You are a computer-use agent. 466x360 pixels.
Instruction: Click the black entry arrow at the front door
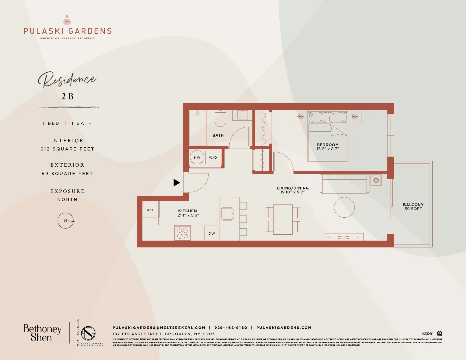pos(177,183)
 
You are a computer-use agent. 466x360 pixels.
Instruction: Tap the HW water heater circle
pos(197,158)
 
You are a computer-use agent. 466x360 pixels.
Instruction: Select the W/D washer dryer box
pos(213,158)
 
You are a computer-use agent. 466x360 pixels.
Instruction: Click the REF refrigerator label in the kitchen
pos(151,210)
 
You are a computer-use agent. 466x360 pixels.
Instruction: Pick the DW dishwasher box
pos(212,233)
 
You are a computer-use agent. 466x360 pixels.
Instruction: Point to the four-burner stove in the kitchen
pos(182,233)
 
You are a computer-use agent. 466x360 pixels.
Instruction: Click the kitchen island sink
pos(227,214)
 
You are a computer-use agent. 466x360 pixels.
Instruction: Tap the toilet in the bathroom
pos(221,119)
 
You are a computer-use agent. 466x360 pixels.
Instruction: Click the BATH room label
pos(218,135)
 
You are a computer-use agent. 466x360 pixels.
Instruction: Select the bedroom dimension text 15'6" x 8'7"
pos(328,149)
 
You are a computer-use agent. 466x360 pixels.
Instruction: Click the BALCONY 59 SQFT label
pos(413,207)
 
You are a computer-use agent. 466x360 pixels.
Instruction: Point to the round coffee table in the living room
pos(344,207)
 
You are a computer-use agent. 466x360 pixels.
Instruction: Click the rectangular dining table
pos(283,219)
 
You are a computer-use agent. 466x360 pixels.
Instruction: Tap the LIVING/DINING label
pos(293,188)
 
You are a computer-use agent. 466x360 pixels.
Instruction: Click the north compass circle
pos(66,221)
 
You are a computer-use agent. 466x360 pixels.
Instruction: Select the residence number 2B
pos(67,97)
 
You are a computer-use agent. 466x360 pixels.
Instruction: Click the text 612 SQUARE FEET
pos(67,149)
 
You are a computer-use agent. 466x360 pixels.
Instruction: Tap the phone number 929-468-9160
pos(231,328)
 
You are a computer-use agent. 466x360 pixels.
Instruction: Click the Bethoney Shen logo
pos(42,333)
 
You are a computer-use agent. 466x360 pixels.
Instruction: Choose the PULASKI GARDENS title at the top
pos(67,31)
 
